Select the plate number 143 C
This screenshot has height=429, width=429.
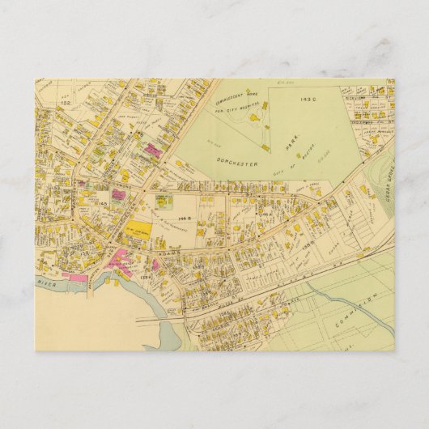pos(305,100)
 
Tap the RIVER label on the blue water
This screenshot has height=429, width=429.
pos(48,283)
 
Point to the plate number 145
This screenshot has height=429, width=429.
pos(104,204)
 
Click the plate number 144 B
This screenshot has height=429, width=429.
pos(184,219)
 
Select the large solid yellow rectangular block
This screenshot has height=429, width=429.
pos(137,231)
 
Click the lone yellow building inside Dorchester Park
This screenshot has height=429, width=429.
pos(265,148)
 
